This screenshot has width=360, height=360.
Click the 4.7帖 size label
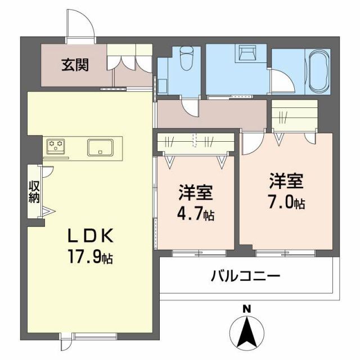[x=196, y=214]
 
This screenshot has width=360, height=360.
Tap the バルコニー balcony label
[x=245, y=276]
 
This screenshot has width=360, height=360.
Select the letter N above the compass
[x=246, y=308]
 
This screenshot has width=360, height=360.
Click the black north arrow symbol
[x=246, y=332]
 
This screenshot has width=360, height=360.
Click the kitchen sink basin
[x=101, y=147]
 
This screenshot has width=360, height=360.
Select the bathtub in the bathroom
[x=319, y=73]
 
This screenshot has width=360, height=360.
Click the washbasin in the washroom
[x=248, y=53]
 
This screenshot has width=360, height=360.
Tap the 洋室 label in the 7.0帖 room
[x=286, y=181]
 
